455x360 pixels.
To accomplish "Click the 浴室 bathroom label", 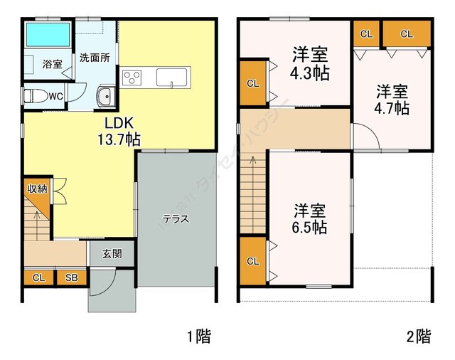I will point(52,64).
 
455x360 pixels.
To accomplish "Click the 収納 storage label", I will point(37,189).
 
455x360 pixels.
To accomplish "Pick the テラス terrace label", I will point(175,218).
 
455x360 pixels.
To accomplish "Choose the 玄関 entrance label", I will point(112,253).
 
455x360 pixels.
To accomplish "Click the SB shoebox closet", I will point(72,277).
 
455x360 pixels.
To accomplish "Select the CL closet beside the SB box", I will point(38,277).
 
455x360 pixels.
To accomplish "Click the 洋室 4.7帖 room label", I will point(392,99).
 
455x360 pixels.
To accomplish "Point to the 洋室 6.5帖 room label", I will point(310,218).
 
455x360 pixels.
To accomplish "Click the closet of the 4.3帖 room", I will point(253,83).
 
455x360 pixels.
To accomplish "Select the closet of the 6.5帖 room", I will point(253,261).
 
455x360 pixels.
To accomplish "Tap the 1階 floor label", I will point(198,335).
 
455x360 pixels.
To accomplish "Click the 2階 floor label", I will point(418,335).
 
